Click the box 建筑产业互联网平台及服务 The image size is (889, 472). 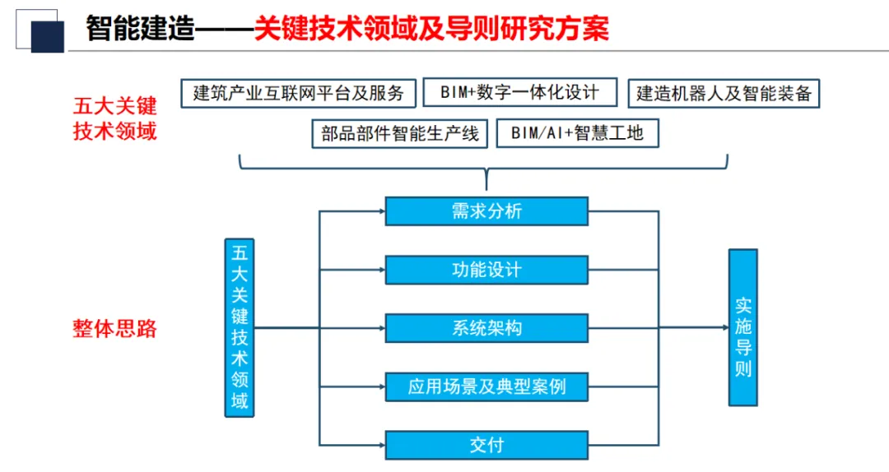tap(298, 93)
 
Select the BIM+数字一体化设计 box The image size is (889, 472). tap(519, 92)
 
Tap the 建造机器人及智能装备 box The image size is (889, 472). tap(724, 93)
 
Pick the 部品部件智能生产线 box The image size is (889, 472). tap(400, 133)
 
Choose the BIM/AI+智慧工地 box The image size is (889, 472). tap(577, 133)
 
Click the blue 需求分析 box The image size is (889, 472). tap(486, 211)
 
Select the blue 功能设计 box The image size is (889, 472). tap(486, 270)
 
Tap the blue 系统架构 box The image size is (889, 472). tap(486, 328)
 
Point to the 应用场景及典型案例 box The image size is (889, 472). tap(486, 386)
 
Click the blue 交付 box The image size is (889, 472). tap(486, 445)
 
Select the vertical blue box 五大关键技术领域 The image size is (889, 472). tap(240, 327)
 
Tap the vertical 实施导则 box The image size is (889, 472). tap(742, 327)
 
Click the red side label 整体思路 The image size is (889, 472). tap(115, 329)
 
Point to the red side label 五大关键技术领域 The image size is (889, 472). tap(115, 118)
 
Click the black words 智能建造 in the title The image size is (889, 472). tap(140, 30)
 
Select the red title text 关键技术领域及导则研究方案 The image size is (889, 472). tap(431, 30)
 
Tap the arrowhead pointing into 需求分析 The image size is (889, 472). tap(381, 211)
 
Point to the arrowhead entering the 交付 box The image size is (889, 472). tap(381, 445)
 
